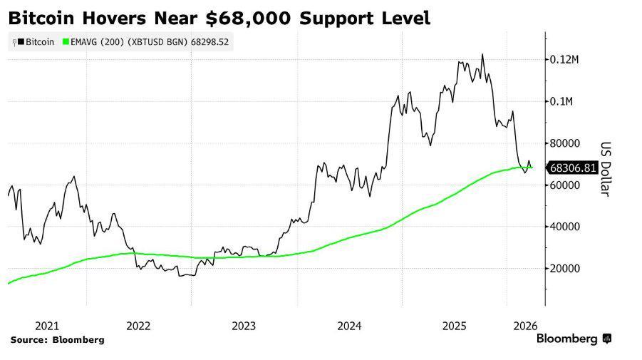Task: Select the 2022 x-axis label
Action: point(138,326)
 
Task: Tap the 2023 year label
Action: point(244,326)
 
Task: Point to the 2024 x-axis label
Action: point(349,326)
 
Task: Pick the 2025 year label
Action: point(454,326)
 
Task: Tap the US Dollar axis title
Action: point(605,168)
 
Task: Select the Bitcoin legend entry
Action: point(36,42)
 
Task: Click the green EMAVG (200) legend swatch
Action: point(67,42)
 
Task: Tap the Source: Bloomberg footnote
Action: point(57,340)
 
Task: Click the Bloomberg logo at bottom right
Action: point(573,339)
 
